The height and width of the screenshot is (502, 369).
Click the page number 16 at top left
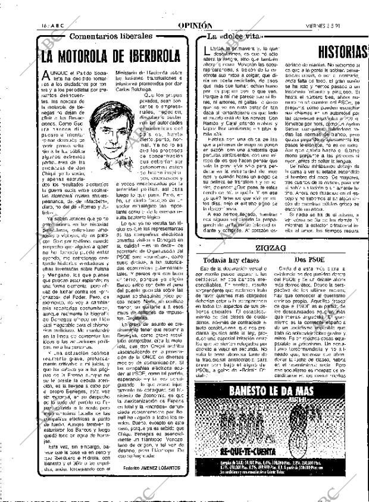tap(12, 26)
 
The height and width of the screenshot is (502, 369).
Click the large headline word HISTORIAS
tap(341, 52)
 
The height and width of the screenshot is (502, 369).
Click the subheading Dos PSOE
tap(309, 260)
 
